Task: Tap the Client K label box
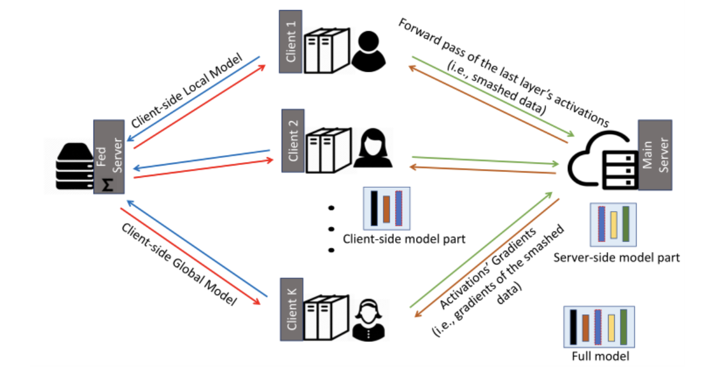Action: (x=293, y=310)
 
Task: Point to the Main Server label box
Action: (x=655, y=155)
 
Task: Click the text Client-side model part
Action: (x=404, y=238)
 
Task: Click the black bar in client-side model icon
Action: (x=374, y=208)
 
